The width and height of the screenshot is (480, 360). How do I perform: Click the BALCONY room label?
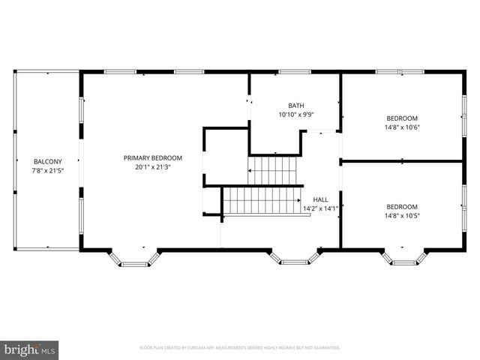[x=47, y=161]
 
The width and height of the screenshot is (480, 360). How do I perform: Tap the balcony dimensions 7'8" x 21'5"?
[x=47, y=170]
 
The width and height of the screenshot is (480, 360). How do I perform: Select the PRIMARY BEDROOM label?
[x=153, y=157]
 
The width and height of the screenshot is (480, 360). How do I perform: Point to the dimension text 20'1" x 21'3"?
[x=153, y=166]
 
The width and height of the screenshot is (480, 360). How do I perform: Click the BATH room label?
[x=296, y=106]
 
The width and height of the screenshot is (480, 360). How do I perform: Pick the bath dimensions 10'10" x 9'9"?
[x=296, y=115]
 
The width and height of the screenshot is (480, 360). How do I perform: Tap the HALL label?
[x=320, y=199]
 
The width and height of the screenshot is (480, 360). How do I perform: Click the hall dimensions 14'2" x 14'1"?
[x=320, y=208]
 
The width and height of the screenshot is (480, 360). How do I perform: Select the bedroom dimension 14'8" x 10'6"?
[x=403, y=127]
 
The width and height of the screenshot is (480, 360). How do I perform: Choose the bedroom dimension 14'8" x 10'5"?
[x=403, y=215]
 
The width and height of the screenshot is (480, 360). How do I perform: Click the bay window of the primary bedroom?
[x=136, y=259]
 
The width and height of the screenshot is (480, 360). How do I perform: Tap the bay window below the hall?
[x=294, y=258]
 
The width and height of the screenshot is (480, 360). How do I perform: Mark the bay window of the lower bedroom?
[x=405, y=259]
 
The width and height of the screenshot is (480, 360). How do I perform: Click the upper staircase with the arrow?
[x=274, y=170]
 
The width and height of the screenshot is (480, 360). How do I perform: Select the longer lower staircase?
[x=262, y=201]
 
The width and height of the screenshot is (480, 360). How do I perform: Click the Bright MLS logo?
[x=30, y=349]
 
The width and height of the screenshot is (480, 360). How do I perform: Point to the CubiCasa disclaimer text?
[x=240, y=348]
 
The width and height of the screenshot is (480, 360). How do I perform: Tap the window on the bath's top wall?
[x=295, y=72]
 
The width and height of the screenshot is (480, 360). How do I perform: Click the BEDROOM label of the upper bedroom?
[x=403, y=118]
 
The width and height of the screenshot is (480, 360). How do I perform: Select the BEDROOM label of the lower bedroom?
[x=403, y=206]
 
